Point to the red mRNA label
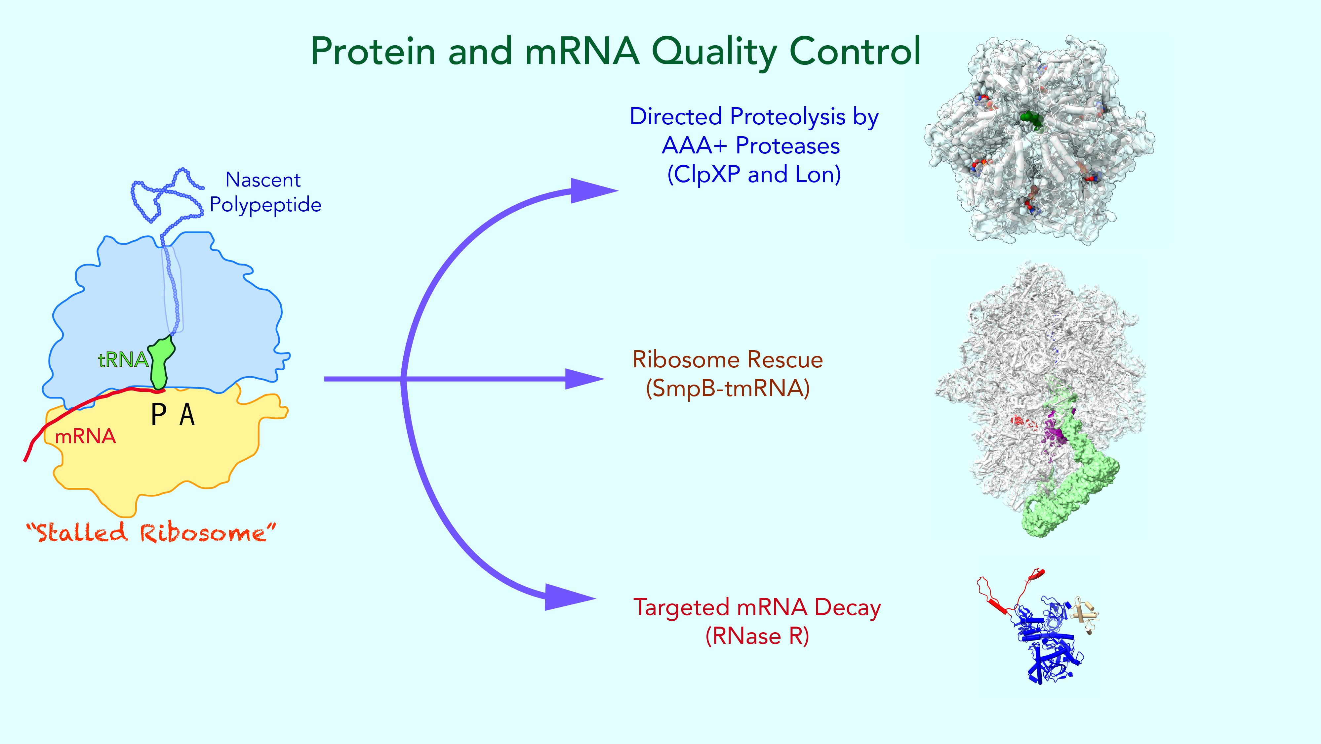[x=86, y=437]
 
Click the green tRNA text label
[x=123, y=360]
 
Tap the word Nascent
[x=262, y=180]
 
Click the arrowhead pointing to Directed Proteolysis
[x=592, y=191]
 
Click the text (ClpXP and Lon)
[x=754, y=175]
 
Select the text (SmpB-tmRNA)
[x=728, y=389]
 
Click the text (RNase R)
[x=757, y=636]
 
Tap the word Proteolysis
[x=788, y=117]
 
